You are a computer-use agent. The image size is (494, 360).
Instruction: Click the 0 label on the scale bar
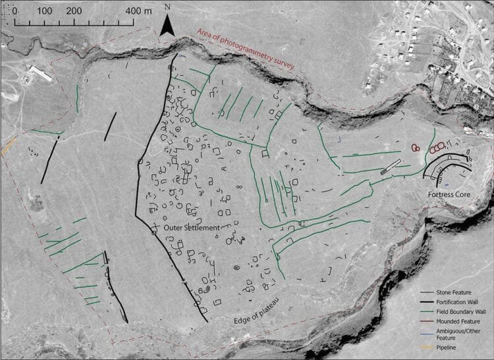pos(14,11)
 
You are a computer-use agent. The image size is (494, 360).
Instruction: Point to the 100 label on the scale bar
pos(45,11)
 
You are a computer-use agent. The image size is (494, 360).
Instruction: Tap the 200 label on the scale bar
pos(74,11)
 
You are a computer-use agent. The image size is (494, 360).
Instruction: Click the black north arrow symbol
pos(168,26)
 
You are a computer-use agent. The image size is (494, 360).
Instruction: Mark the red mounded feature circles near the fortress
pos(415,147)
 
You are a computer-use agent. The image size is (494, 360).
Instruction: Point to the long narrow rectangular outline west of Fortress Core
pos(391,167)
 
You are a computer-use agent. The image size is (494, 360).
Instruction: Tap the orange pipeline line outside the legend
pos(9,146)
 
